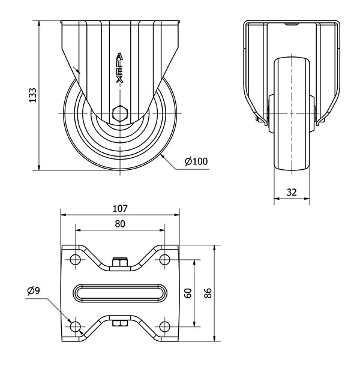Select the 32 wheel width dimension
pos(292,192)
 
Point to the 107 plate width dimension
pos(121,209)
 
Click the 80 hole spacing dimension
pos(120,224)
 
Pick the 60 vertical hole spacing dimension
pos(187,293)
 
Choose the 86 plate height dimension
pos(208,293)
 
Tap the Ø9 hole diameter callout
pos(34,291)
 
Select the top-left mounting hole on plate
pos(76,260)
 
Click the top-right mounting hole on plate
pos(165,260)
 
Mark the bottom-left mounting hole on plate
pos(76,326)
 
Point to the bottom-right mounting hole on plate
pos(165,326)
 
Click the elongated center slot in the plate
pos(121,293)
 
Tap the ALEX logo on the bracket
pos(120,67)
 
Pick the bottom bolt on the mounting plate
pos(121,325)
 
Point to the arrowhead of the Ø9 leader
pos(72,323)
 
